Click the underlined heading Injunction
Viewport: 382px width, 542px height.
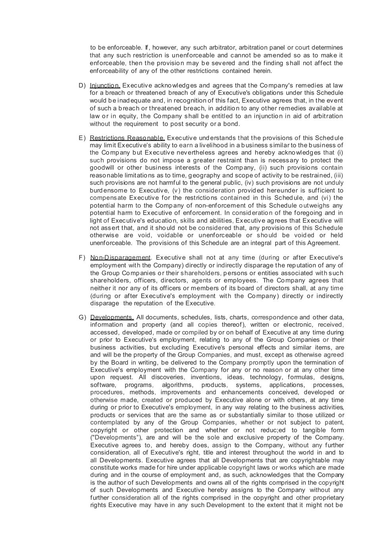(105, 85)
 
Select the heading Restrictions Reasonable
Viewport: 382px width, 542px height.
(127, 138)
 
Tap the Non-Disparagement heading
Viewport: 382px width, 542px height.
(121, 258)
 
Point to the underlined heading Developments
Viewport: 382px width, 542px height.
(112, 317)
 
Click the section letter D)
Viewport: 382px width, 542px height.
(82, 85)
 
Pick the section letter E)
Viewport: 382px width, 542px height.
(82, 138)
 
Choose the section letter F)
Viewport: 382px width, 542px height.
(82, 258)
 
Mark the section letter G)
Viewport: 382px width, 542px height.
(83, 317)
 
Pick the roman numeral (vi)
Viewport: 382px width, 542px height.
(326, 198)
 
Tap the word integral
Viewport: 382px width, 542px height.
(259, 243)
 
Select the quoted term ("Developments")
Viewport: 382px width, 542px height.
(114, 438)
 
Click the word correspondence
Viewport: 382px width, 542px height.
(274, 317)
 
